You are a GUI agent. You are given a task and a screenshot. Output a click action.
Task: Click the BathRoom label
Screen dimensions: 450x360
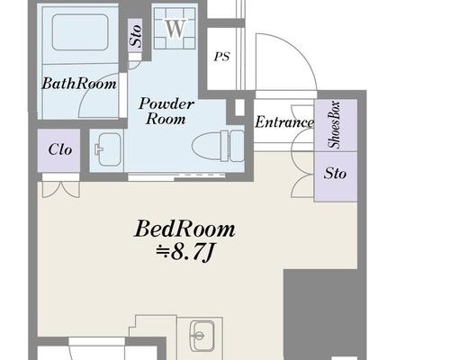(79, 84)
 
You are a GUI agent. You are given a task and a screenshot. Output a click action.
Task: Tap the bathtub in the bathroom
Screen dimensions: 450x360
(80, 32)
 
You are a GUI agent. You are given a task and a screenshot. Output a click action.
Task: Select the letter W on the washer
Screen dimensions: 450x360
(175, 29)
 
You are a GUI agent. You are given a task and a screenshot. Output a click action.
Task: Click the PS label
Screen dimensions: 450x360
(222, 57)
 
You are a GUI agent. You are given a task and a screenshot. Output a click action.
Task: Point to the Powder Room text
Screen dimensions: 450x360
(166, 111)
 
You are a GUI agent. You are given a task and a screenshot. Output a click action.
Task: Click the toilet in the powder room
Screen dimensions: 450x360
(218, 146)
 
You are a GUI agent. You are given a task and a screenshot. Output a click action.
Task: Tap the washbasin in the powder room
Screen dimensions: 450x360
(108, 148)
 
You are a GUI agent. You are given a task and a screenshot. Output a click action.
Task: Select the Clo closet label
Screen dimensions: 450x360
(60, 149)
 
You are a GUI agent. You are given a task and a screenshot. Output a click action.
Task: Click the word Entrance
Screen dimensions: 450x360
(284, 122)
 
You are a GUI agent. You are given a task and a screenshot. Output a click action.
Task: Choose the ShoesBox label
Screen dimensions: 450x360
(334, 125)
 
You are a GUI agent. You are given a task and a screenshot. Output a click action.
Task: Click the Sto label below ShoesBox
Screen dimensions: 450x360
(335, 174)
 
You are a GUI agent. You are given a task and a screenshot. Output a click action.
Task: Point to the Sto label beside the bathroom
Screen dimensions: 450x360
(135, 36)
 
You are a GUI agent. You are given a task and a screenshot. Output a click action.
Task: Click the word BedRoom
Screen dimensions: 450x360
(184, 229)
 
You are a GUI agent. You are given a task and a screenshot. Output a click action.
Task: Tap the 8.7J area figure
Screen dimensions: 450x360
(185, 254)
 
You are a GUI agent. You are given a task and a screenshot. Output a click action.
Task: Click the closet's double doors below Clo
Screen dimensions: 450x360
(61, 190)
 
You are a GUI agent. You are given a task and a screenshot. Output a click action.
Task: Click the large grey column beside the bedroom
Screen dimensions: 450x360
(325, 314)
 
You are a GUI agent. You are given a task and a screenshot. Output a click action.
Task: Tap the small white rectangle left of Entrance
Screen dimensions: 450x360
(239, 107)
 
